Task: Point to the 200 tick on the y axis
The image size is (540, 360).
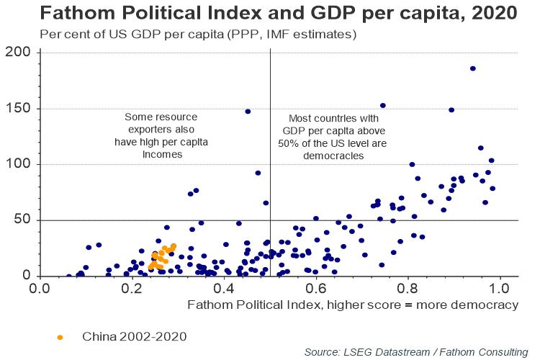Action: tap(17, 53)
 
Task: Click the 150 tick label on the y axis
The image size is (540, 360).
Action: tap(17, 109)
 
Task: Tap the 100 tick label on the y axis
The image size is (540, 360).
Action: tap(17, 164)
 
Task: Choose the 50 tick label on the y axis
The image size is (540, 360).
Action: tap(22, 220)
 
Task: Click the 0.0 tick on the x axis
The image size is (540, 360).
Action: tap(39, 288)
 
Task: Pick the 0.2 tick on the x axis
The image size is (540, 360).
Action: tap(131, 288)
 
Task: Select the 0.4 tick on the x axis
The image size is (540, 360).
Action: tap(223, 288)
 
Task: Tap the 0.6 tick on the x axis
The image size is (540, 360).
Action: tap(315, 288)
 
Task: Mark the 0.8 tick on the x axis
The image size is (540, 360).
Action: tap(408, 288)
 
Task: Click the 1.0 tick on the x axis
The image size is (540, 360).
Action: tap(500, 288)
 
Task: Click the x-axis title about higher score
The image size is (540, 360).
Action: tap(353, 305)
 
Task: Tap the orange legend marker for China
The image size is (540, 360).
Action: tap(60, 336)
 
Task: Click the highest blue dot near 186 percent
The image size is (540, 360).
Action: tap(473, 68)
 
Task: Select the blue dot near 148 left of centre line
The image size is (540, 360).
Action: tap(248, 112)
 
